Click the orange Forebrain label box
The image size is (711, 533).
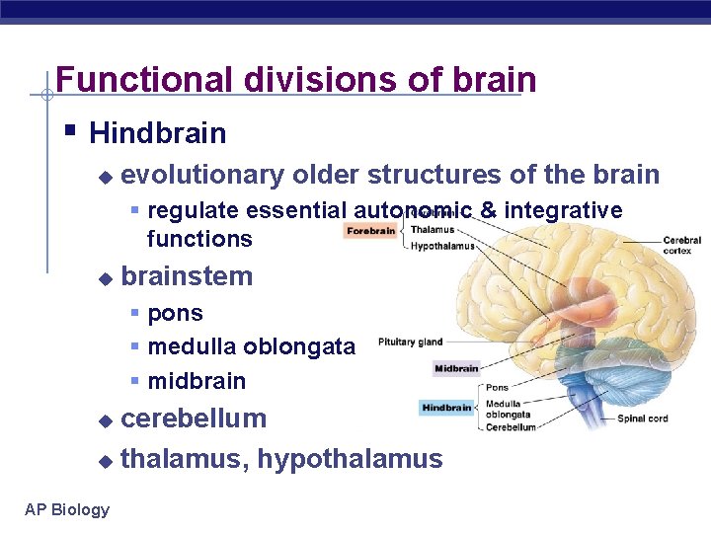371,231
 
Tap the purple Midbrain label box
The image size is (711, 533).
456,369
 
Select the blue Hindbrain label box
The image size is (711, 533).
447,407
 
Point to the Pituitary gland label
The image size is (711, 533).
410,343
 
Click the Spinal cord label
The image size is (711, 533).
644,419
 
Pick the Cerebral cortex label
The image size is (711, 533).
681,246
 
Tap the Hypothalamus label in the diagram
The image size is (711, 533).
442,246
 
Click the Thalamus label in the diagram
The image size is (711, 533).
433,229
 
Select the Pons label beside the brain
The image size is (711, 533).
497,388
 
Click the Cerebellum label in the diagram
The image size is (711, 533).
511,427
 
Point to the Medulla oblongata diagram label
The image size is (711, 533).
508,409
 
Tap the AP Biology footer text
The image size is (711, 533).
67,509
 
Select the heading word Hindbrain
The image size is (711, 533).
157,133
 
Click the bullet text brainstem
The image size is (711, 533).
187,276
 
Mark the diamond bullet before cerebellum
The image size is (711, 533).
107,420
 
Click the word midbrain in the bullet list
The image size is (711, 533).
197,381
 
